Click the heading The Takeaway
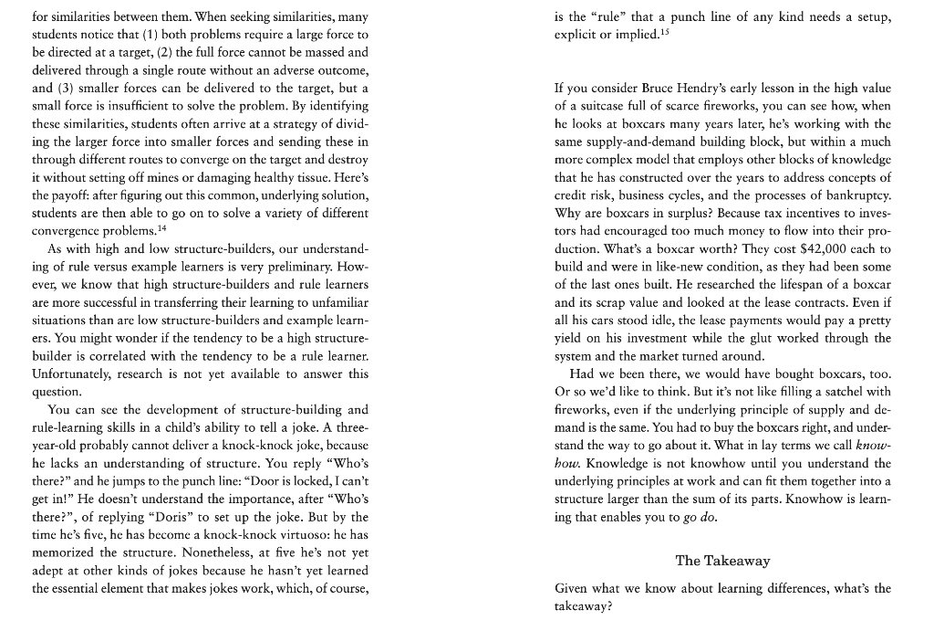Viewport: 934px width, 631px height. (722, 561)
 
